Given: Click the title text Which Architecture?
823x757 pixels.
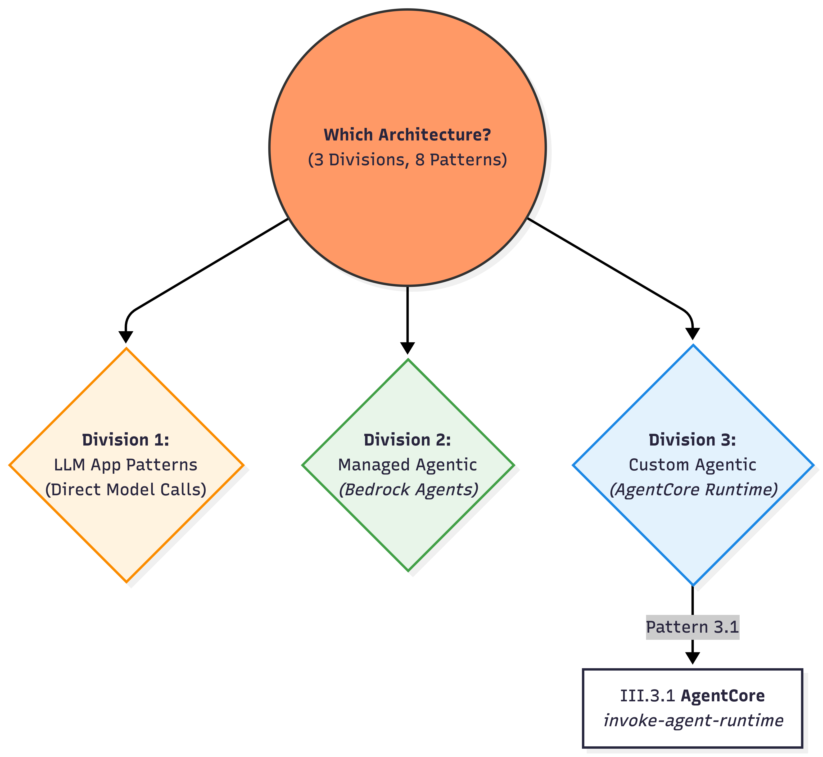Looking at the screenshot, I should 407,135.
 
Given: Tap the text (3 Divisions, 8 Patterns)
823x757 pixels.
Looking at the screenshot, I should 407,160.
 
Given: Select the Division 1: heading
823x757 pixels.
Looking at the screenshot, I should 126,440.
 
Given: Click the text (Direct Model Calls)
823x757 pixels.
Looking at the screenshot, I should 126,490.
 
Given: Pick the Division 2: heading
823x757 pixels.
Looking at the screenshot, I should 407,440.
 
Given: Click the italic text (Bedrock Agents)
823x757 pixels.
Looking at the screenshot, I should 408,490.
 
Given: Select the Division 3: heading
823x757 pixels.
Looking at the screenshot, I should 692,440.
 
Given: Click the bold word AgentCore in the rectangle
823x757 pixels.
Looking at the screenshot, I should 723,696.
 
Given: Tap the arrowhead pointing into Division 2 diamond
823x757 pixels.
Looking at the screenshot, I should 407,348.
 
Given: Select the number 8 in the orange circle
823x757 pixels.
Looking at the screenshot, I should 420,160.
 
